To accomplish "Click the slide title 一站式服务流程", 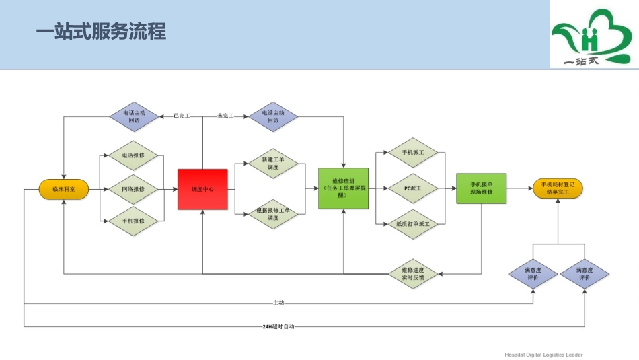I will click(x=101, y=32).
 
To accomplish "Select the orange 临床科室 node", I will click(x=64, y=190).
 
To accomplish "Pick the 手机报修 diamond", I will click(x=133, y=221).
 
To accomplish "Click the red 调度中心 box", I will click(x=202, y=189).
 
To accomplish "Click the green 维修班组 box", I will click(x=343, y=188).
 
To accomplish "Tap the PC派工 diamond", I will click(x=413, y=189).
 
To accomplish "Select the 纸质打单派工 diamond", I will click(x=413, y=223).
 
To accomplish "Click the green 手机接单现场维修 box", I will click(x=481, y=188).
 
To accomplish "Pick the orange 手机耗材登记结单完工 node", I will click(x=558, y=188).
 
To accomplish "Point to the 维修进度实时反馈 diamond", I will click(x=413, y=273).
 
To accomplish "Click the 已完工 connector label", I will click(x=182, y=116).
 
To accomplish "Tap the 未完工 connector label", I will click(x=225, y=116).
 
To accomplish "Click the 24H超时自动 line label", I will click(x=278, y=327).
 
